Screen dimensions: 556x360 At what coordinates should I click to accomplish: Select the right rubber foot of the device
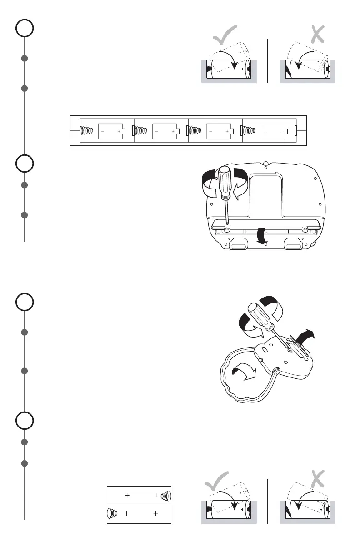point(293,245)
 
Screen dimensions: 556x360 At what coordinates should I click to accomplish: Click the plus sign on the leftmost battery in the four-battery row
point(119,131)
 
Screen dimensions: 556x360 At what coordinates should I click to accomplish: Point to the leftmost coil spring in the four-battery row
point(87,131)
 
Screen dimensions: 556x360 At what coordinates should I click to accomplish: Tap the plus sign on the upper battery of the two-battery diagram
point(127,495)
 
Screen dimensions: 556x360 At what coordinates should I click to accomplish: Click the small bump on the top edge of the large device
point(265,162)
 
